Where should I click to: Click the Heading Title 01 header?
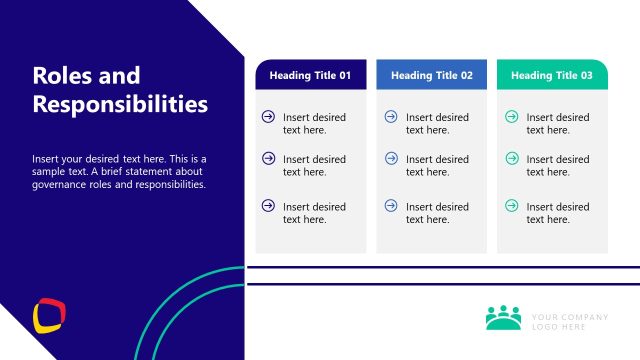(x=310, y=75)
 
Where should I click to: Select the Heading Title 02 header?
(x=432, y=75)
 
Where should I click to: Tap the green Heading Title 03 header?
(x=552, y=75)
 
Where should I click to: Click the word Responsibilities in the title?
(x=120, y=104)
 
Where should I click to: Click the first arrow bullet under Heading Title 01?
(x=268, y=117)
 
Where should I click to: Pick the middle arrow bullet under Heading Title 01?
(x=268, y=158)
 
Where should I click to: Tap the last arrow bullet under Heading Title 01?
(x=268, y=206)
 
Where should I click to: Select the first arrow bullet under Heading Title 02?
(x=391, y=117)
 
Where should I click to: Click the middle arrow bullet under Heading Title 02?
(x=391, y=158)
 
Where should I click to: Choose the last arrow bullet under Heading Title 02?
(x=391, y=206)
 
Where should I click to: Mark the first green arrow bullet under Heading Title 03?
(x=512, y=117)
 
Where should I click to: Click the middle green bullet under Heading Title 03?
(x=512, y=158)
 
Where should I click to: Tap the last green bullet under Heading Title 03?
(x=512, y=206)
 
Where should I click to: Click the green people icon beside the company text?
(x=504, y=317)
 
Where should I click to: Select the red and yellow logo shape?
(x=50, y=315)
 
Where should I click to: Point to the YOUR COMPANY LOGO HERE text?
(x=570, y=322)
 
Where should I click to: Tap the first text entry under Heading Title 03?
(x=558, y=124)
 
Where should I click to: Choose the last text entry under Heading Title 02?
(x=437, y=213)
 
